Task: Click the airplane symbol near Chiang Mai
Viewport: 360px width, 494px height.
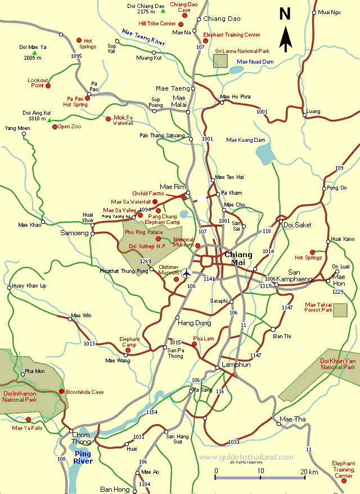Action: [187, 273]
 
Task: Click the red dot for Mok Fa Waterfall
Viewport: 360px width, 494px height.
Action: [109, 118]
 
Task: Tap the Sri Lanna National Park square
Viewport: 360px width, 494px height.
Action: [220, 61]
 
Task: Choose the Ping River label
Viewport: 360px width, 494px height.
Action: [83, 457]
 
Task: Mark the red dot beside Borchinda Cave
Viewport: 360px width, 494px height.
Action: [61, 391]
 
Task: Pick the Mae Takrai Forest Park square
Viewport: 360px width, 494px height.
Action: [340, 310]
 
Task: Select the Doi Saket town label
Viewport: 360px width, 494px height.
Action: [298, 224]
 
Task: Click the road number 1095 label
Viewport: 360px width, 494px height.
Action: [77, 56]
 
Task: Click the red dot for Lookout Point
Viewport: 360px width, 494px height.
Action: [48, 86]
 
